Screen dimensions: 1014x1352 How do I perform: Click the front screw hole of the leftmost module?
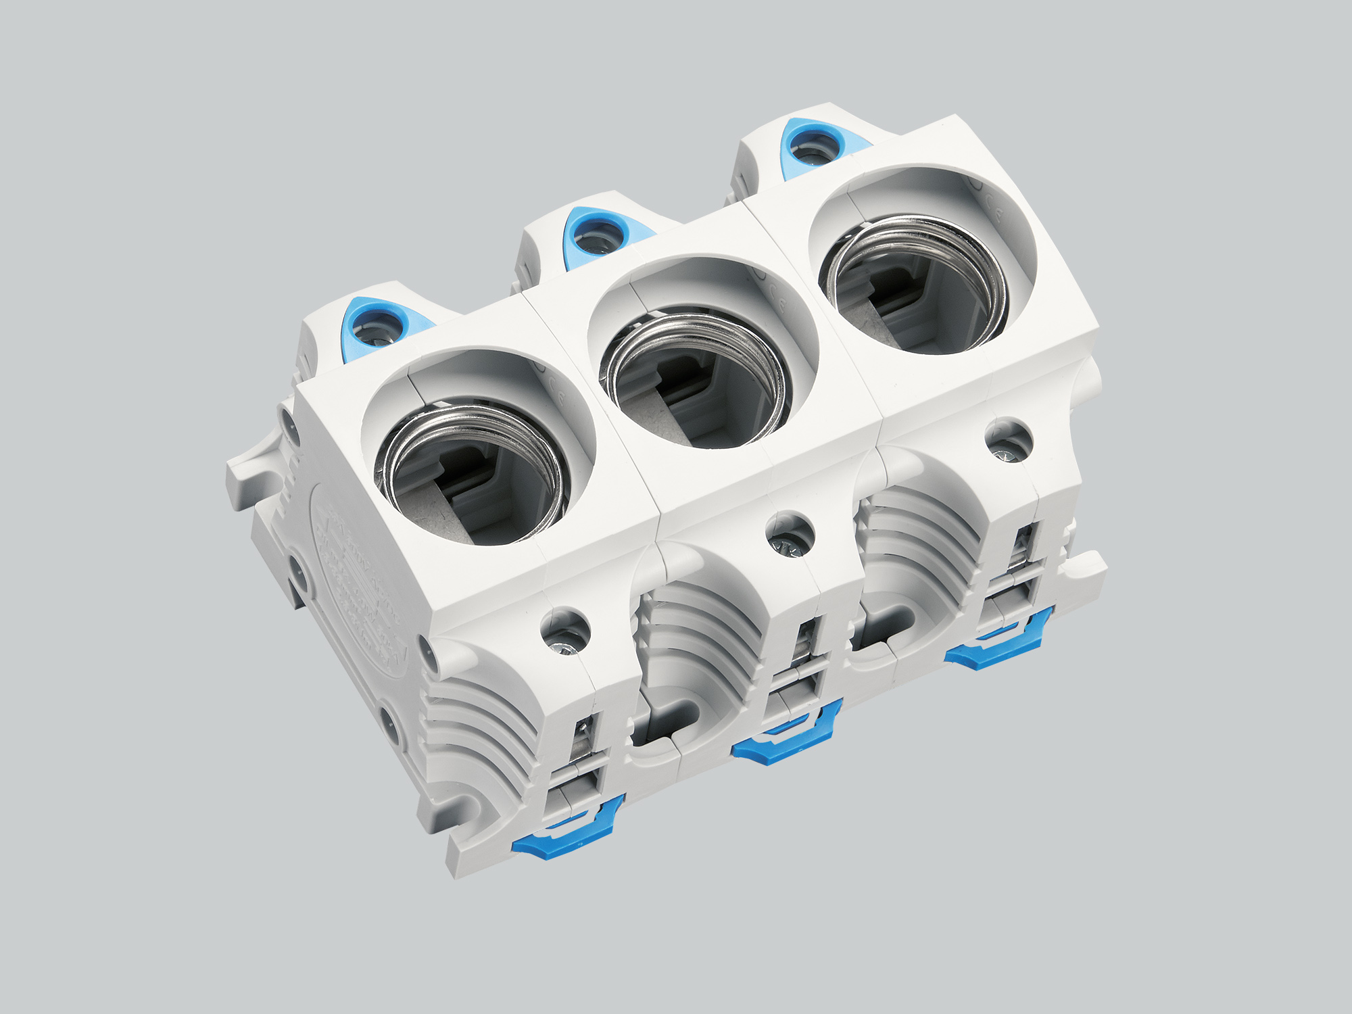pos(566,632)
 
